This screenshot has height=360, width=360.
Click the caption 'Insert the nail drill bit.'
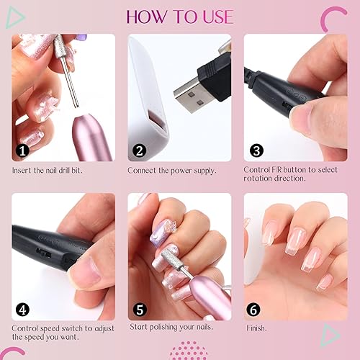point(55,171)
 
